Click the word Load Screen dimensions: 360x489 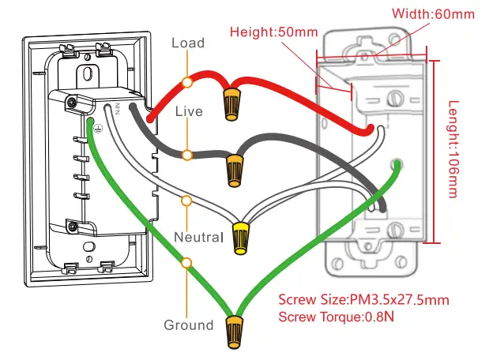[x=188, y=43]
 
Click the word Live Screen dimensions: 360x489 [x=188, y=111]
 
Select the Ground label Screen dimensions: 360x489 [x=189, y=324]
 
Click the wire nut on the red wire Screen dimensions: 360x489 [x=231, y=103]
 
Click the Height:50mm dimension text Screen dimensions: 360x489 [x=275, y=32]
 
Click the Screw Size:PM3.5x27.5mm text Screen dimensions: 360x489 [x=364, y=300]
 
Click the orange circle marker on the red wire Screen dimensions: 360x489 [x=187, y=82]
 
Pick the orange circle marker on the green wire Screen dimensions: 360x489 [x=187, y=261]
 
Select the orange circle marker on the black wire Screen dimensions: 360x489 [x=187, y=154]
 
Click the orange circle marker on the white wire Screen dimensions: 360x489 [x=187, y=201]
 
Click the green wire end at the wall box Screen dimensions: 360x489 [x=397, y=165]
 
